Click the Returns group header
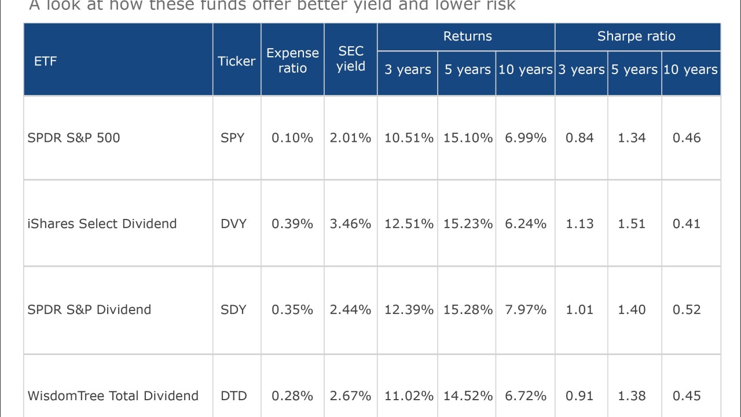coord(467,36)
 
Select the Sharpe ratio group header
coord(636,36)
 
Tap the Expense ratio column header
coord(292,60)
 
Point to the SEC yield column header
coord(351,59)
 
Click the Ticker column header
coord(236,61)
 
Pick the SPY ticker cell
coord(233,138)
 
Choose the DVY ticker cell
coord(233,224)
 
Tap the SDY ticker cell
coord(233,309)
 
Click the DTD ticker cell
coord(233,396)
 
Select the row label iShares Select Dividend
coord(102,224)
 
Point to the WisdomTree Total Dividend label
coord(113,396)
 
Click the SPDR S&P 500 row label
coord(74,138)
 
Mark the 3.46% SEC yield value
coord(350,224)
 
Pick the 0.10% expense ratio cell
coord(292,138)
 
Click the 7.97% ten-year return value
coord(526,309)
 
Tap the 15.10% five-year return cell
coord(468,138)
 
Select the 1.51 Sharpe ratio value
coord(632,224)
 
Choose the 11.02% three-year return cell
coord(409,396)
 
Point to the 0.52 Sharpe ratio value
coord(687,309)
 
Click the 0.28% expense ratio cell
coord(292,396)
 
